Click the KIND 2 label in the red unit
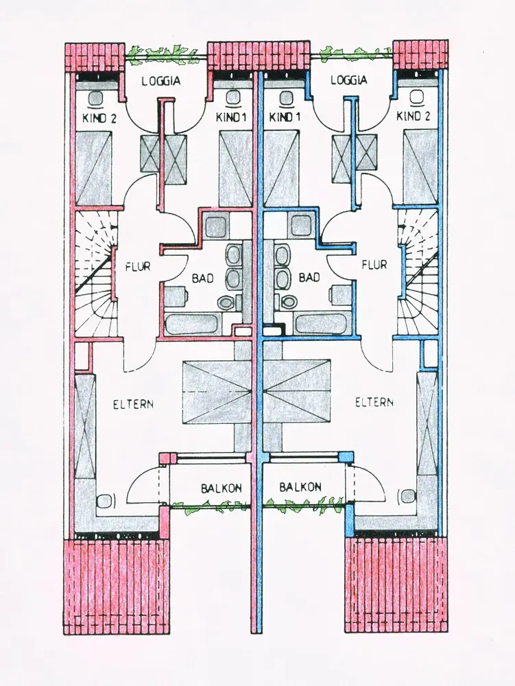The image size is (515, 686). tap(99, 117)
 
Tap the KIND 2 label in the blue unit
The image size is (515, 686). tap(414, 116)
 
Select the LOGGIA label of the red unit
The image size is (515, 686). tap(161, 80)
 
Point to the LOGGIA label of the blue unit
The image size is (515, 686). tap(348, 80)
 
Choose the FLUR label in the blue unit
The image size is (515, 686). tap(373, 264)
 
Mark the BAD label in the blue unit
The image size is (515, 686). tap(309, 278)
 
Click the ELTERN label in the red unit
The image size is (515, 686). tap(133, 403)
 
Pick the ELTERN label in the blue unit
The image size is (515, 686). tap(374, 403)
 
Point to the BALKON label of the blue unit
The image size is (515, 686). tap(300, 487)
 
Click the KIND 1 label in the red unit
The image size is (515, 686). tap(231, 117)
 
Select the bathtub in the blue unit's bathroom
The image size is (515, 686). tap(319, 324)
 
